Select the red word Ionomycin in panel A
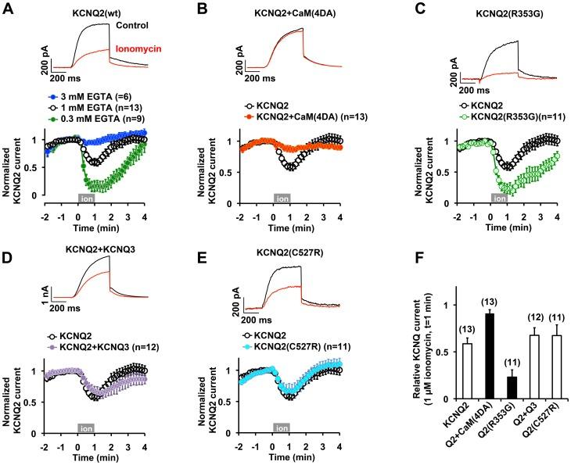point(135,48)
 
